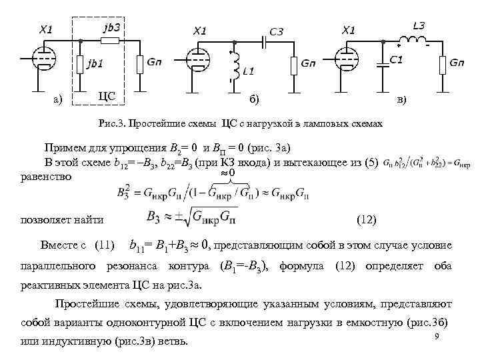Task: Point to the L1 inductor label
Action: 249,70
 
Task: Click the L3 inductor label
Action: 419,26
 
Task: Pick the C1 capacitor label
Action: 396,60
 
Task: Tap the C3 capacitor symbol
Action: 265,41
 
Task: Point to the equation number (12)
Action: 367,219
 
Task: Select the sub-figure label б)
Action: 255,99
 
